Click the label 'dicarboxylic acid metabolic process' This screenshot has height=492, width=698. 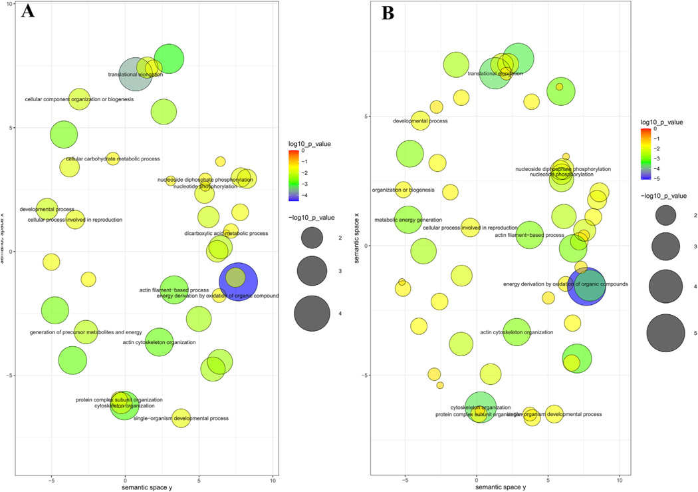(x=226, y=234)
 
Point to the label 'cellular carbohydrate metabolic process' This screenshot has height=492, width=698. (x=113, y=159)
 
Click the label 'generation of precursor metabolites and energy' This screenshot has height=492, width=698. (x=86, y=332)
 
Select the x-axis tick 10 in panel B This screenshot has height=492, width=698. (x=620, y=479)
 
